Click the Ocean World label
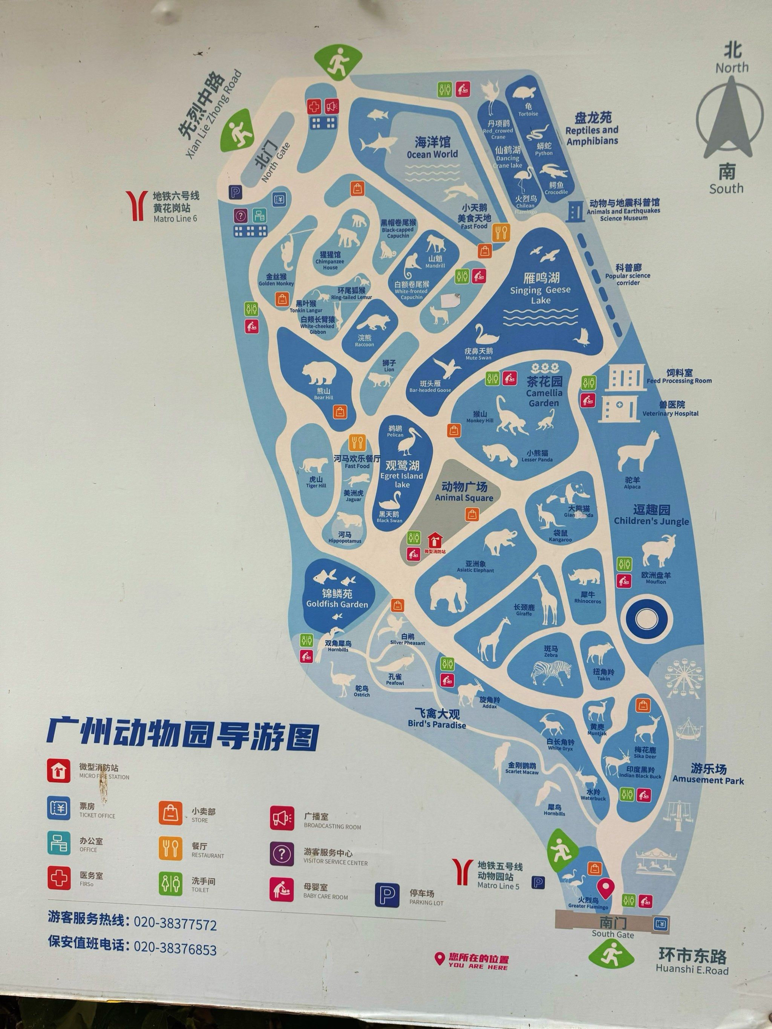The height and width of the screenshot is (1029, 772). (432, 147)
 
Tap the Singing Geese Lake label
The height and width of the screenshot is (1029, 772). (540, 289)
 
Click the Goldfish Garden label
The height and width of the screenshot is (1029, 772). (337, 599)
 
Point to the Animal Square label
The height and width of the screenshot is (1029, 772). (464, 492)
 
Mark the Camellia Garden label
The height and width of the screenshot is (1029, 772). (544, 392)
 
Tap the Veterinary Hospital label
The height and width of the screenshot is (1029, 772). (670, 409)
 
